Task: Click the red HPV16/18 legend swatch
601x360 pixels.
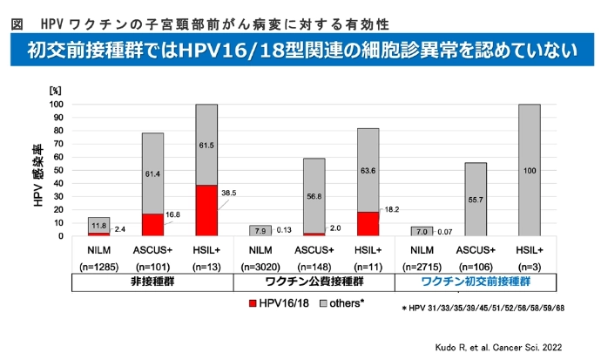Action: (x=253, y=302)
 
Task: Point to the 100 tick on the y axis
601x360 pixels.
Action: (x=59, y=105)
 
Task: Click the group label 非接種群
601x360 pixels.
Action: (x=153, y=282)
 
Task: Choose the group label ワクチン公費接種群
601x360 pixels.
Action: (x=314, y=282)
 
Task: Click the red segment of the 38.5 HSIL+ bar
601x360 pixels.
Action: (x=206, y=210)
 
